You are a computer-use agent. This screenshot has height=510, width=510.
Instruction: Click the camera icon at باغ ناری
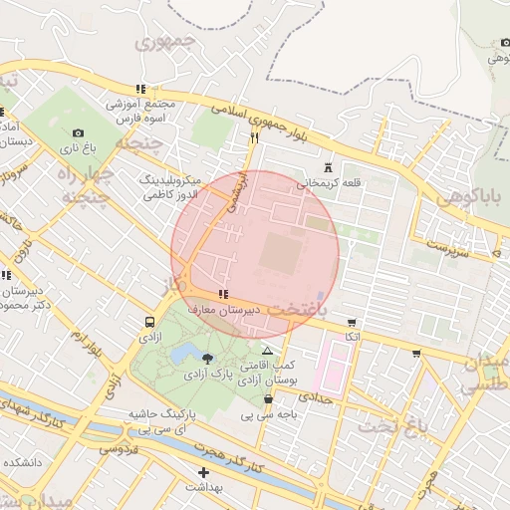point(79,132)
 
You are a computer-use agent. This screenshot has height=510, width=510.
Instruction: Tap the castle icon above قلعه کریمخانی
point(329,168)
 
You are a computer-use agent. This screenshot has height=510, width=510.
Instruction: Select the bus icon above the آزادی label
point(149,322)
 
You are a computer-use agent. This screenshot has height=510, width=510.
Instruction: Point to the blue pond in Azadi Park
point(183,354)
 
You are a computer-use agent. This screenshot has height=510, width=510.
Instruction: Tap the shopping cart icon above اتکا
point(351,322)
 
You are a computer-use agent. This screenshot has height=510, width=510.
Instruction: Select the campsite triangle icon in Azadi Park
point(266,352)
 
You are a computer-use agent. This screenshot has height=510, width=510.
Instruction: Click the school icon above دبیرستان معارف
point(221,294)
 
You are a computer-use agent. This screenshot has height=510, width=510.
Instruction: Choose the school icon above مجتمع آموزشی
point(140,89)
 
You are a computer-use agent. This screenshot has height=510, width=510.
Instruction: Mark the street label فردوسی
point(118,449)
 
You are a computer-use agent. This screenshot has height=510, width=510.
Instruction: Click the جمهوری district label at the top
point(161,43)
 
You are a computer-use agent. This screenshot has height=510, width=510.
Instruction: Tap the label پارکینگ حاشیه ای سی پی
point(161,419)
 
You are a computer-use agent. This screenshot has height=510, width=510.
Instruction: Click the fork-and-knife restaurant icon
point(254,138)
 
